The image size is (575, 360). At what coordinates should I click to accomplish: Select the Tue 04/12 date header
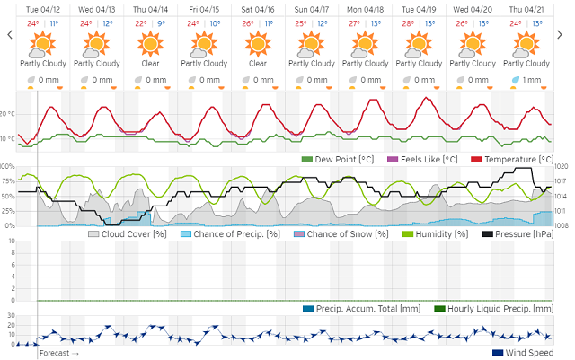[42, 8]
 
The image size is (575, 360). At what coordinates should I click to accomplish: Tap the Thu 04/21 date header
[526, 8]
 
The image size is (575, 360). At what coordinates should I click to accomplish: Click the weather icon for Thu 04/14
[150, 42]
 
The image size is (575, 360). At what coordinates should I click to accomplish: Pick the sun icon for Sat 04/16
[258, 42]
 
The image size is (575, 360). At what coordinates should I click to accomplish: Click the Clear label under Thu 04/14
[150, 63]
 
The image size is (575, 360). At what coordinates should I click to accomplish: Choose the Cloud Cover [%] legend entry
[128, 233]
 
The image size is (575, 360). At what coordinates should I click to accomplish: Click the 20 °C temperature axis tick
[8, 114]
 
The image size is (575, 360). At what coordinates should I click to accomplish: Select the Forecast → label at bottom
[59, 353]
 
